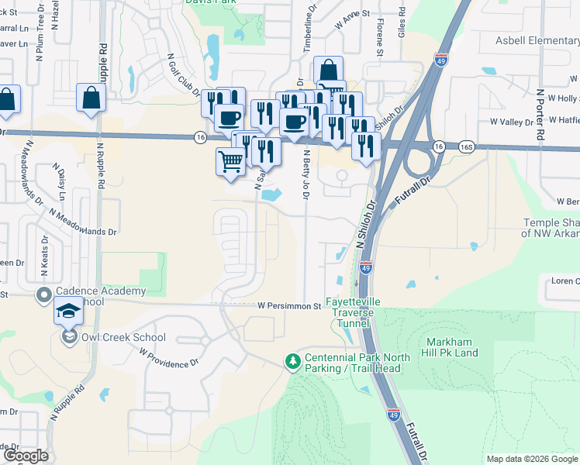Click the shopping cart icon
pos(230,161)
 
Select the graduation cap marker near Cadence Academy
pos(68,312)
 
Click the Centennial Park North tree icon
pos(292,361)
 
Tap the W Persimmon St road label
pos(289,306)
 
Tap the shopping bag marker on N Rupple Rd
pos(91,98)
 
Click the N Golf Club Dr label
pos(185,75)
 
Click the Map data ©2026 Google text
pos(532,459)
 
